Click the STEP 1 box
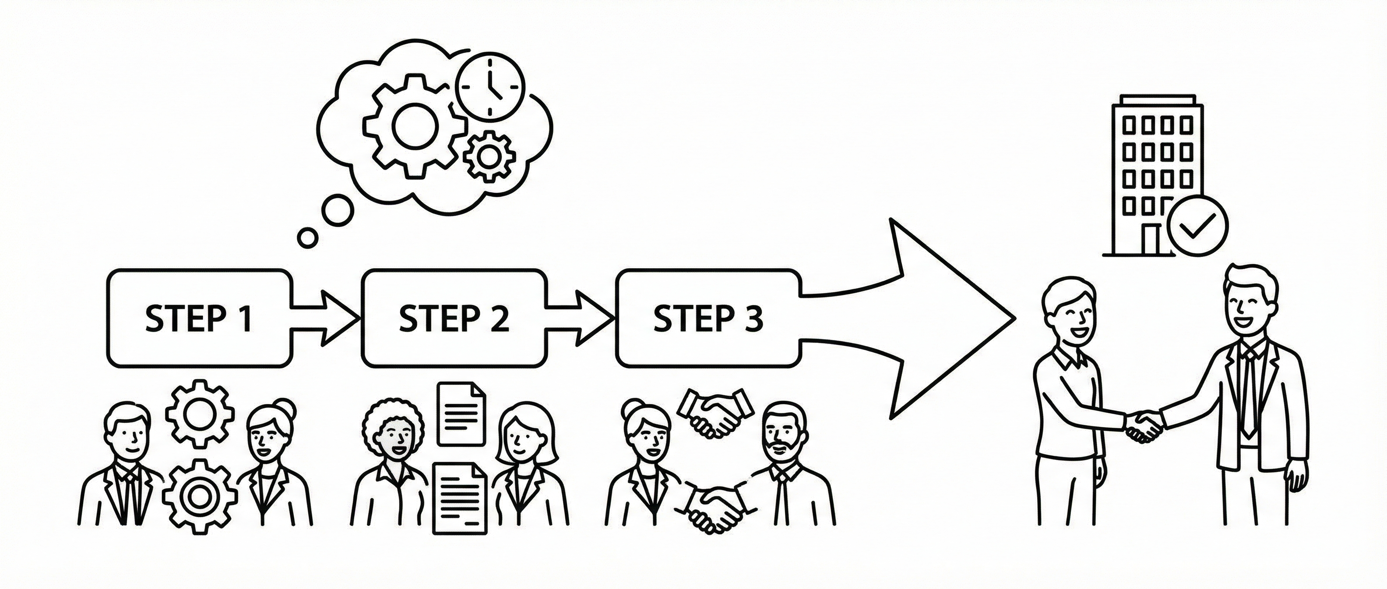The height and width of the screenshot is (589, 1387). (x=199, y=318)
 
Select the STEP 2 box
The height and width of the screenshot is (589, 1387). (x=454, y=318)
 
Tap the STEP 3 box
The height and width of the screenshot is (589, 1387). (x=708, y=318)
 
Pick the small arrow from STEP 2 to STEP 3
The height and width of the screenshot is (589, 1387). (x=581, y=318)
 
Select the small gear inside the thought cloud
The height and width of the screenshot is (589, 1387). (x=489, y=157)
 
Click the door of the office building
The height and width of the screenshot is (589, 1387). (x=1151, y=240)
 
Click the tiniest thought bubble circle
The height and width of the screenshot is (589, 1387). (x=308, y=237)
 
